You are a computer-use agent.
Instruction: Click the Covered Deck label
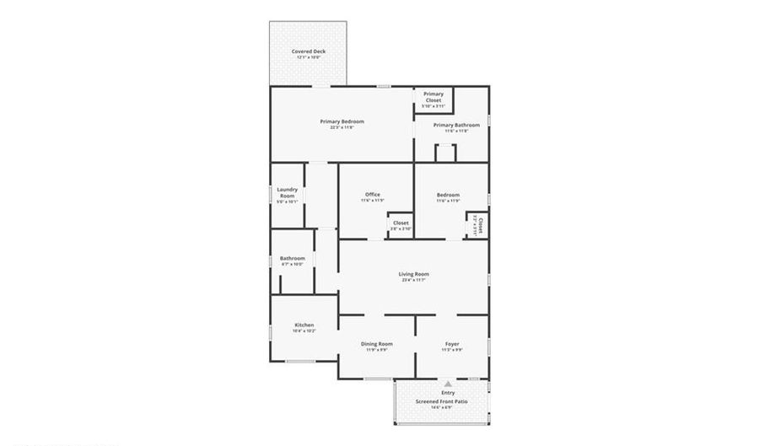(308, 51)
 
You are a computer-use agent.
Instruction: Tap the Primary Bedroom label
(342, 121)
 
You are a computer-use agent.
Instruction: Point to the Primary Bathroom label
(451, 126)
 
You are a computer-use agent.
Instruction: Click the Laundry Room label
(287, 192)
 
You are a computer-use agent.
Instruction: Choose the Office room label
(373, 195)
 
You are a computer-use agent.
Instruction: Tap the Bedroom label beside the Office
(448, 195)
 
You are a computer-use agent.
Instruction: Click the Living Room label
(414, 274)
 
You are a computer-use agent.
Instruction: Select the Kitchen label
(304, 325)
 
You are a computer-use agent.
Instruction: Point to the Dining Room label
(377, 343)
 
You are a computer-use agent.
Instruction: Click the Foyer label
(452, 343)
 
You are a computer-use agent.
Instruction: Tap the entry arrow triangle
(448, 384)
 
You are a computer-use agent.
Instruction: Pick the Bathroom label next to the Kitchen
(293, 258)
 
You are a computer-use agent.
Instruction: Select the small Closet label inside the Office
(401, 223)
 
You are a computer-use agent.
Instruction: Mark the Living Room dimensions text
(414, 280)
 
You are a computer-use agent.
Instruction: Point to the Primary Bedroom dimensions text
(342, 127)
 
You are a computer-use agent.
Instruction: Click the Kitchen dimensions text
(304, 330)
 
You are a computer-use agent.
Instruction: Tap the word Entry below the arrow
(448, 393)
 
